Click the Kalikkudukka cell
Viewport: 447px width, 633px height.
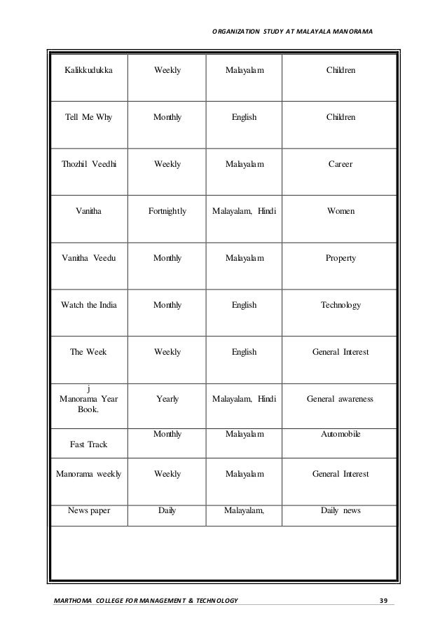pyautogui.click(x=88, y=71)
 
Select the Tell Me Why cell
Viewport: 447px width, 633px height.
pyautogui.click(x=88, y=118)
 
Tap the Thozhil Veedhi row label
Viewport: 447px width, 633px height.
pyautogui.click(x=88, y=165)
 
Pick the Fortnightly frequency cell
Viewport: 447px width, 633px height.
pyautogui.click(x=167, y=212)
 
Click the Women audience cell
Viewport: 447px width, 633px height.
pyautogui.click(x=341, y=212)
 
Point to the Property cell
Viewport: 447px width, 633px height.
pyautogui.click(x=341, y=259)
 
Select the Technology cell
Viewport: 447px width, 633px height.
pyautogui.click(x=341, y=306)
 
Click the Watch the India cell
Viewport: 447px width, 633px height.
pyautogui.click(x=88, y=306)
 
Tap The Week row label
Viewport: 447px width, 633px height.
pyautogui.click(x=88, y=353)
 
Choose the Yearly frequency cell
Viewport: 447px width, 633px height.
pyautogui.click(x=167, y=400)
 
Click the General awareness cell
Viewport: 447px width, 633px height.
pyautogui.click(x=341, y=400)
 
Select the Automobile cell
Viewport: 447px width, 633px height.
pyautogui.click(x=341, y=435)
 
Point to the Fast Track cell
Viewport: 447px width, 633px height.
pyautogui.click(x=88, y=444)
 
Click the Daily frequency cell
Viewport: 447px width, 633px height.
pyautogui.click(x=167, y=511)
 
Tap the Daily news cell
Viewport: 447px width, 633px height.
pyautogui.click(x=341, y=511)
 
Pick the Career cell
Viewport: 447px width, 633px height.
pyautogui.click(x=341, y=165)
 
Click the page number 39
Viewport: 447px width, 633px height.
pyautogui.click(x=383, y=600)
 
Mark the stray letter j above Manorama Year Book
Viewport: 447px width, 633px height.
pyautogui.click(x=88, y=388)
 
